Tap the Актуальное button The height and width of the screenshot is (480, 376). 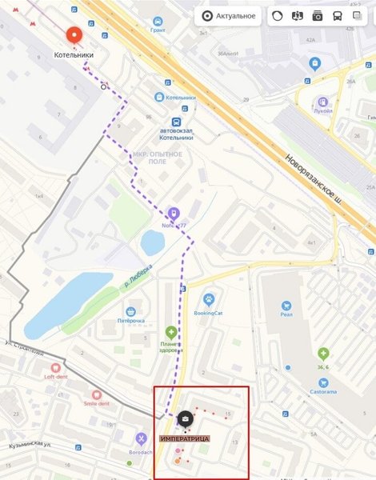click(230, 15)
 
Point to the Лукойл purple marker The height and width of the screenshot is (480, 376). click(322, 102)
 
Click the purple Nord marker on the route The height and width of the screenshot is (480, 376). click(174, 214)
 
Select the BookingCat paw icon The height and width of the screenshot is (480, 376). click(209, 300)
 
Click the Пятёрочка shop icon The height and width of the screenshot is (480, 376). click(130, 310)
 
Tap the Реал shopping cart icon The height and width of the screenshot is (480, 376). click(286, 305)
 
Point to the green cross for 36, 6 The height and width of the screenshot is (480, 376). click(323, 353)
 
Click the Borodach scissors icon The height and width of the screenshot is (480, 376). click(141, 438)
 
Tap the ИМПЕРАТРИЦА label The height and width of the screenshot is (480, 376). click(184, 440)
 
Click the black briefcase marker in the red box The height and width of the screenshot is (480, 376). click(184, 418)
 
